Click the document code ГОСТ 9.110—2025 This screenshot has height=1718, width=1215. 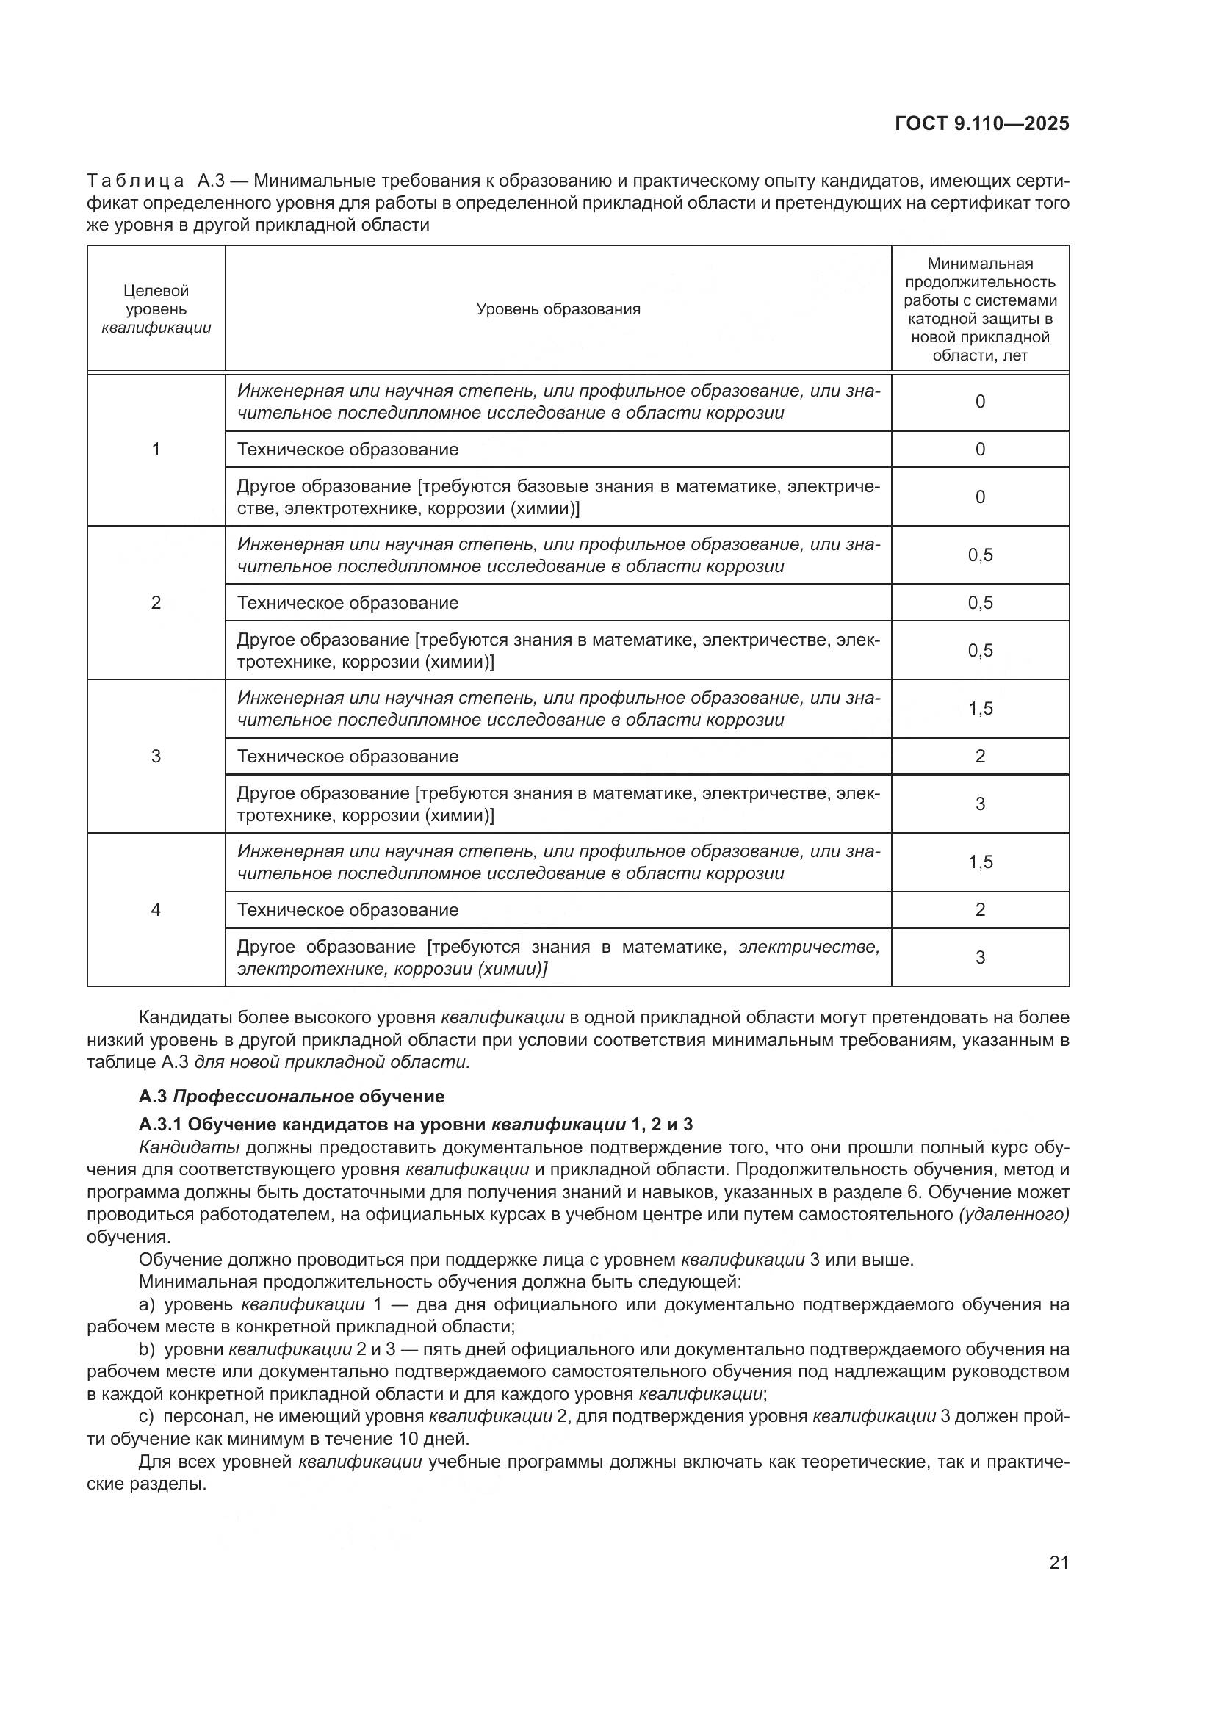[x=981, y=124]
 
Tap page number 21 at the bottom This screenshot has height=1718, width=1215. [x=1059, y=1562]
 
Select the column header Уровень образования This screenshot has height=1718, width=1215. [x=558, y=309]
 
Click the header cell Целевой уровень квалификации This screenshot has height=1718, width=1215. [x=156, y=309]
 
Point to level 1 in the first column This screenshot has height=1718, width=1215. [x=156, y=449]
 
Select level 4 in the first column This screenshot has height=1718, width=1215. [x=156, y=909]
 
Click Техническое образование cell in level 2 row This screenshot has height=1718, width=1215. [x=348, y=602]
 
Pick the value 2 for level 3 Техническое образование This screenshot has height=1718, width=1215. [x=980, y=756]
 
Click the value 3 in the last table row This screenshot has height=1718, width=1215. [x=980, y=957]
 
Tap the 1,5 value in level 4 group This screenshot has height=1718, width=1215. [x=980, y=862]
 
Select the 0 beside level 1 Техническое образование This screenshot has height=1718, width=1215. [x=980, y=449]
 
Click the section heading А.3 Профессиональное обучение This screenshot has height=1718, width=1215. [x=291, y=1096]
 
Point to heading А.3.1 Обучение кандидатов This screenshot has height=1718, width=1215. [x=415, y=1124]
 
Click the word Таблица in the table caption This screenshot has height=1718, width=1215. [x=135, y=181]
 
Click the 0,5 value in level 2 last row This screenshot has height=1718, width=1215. [x=980, y=650]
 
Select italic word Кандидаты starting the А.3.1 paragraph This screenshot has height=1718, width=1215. [x=190, y=1147]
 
